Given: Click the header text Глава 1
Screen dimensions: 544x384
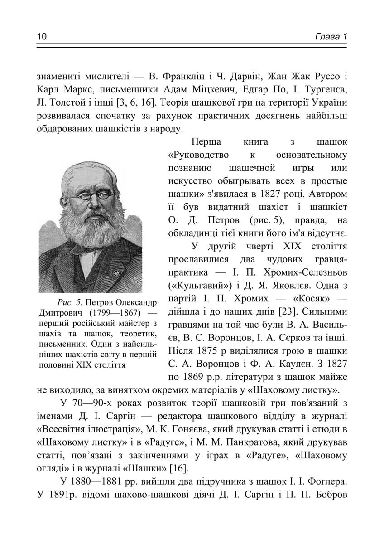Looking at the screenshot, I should (x=331, y=36).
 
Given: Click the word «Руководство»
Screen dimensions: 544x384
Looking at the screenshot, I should (x=198, y=155).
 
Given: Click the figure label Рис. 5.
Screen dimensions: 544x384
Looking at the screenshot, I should (x=69, y=302).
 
